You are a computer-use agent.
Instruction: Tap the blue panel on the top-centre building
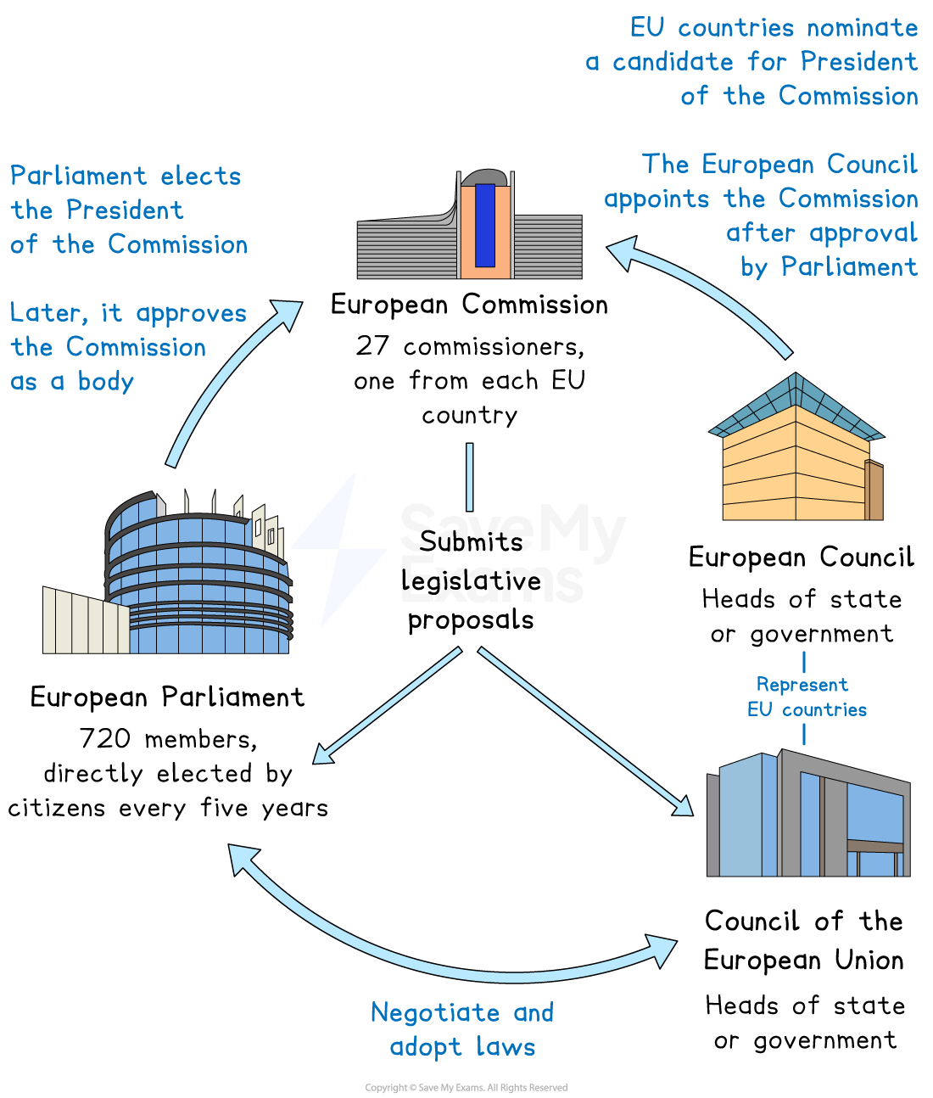[484, 225]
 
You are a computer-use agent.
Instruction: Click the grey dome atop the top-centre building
[484, 176]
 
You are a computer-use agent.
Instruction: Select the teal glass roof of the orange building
[795, 405]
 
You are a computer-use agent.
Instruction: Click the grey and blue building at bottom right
[807, 815]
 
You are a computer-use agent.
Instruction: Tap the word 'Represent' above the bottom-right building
[802, 685]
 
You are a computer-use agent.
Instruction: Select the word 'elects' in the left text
[201, 176]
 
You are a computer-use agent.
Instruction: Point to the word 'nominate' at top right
[862, 28]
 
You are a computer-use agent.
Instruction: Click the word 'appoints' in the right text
[656, 200]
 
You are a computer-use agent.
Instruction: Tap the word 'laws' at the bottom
[506, 1047]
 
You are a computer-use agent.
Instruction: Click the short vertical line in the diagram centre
[470, 477]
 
